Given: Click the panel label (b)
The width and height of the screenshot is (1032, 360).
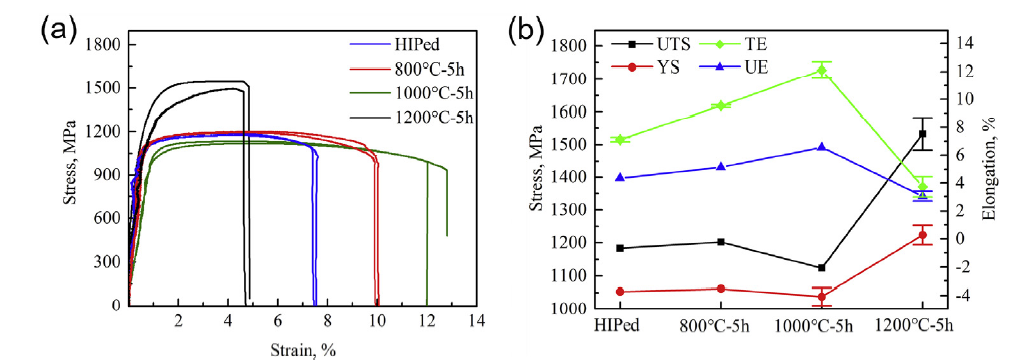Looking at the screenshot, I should click(x=527, y=29).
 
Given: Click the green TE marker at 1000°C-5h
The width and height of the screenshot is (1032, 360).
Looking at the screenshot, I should click(x=822, y=70).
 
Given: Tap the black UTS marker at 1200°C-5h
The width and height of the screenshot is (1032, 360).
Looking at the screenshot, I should click(x=922, y=134).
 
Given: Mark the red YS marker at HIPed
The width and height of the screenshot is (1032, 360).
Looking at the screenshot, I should click(x=620, y=292).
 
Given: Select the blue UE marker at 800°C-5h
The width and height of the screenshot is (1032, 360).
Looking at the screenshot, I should click(x=721, y=167).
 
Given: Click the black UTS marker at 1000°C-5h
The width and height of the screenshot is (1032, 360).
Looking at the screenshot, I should click(x=822, y=268).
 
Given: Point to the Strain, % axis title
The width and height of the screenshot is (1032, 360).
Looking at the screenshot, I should click(x=301, y=349).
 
